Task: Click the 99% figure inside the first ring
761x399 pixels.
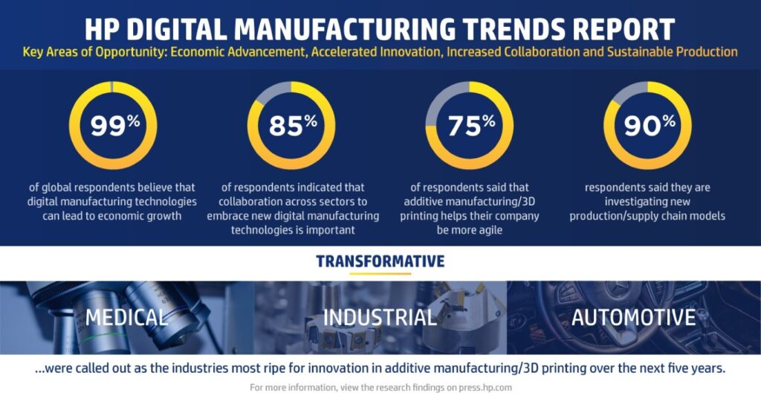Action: [x=114, y=125]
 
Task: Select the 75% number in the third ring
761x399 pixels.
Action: [x=470, y=125]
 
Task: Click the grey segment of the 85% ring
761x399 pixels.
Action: [x=272, y=92]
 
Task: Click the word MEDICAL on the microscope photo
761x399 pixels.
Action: [x=126, y=317]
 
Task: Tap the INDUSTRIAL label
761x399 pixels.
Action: [x=380, y=317]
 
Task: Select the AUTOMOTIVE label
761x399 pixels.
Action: [x=633, y=317]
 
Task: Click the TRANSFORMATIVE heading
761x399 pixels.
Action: [x=380, y=261]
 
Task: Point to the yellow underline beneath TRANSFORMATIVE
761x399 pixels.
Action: [x=380, y=273]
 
